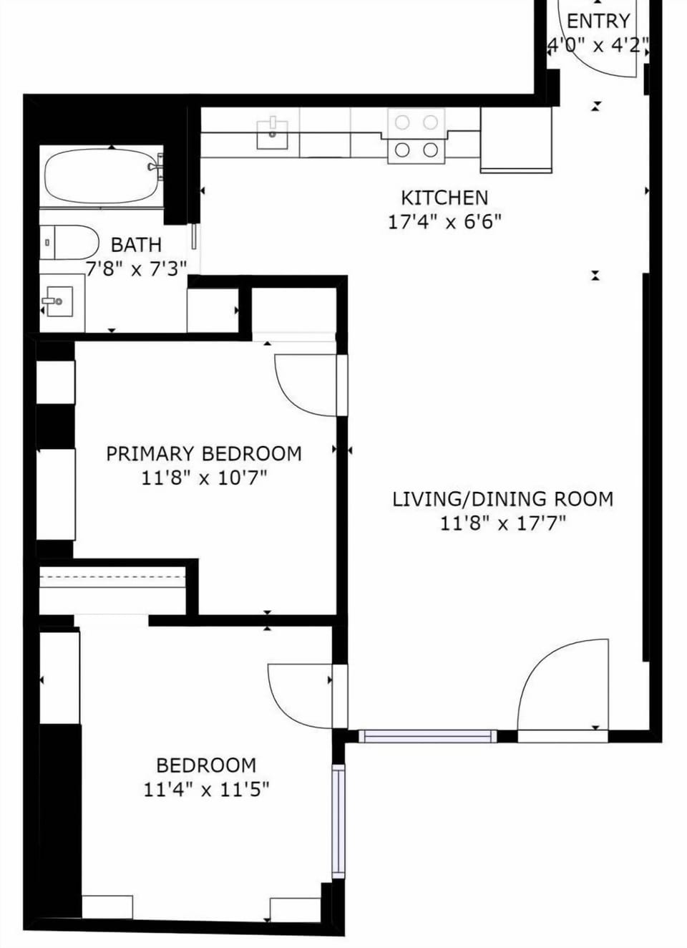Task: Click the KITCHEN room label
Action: pyautogui.click(x=444, y=198)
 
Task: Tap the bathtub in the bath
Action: pyautogui.click(x=102, y=177)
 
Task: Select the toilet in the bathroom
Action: pyautogui.click(x=69, y=242)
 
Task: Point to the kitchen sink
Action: pyautogui.click(x=273, y=134)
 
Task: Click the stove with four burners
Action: pyautogui.click(x=416, y=136)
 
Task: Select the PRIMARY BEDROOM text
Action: pyautogui.click(x=203, y=454)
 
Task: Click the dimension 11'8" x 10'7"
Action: pyautogui.click(x=203, y=478)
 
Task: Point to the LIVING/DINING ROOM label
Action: pyautogui.click(x=502, y=499)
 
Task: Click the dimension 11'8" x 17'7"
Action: pyautogui.click(x=502, y=523)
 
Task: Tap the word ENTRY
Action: pyautogui.click(x=598, y=21)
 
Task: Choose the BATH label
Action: pyautogui.click(x=136, y=245)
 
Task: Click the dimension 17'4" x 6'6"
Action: pyautogui.click(x=444, y=221)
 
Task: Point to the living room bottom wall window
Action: pyautogui.click(x=427, y=736)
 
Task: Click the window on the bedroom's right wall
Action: pyautogui.click(x=338, y=821)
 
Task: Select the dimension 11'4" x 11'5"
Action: pyautogui.click(x=206, y=790)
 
